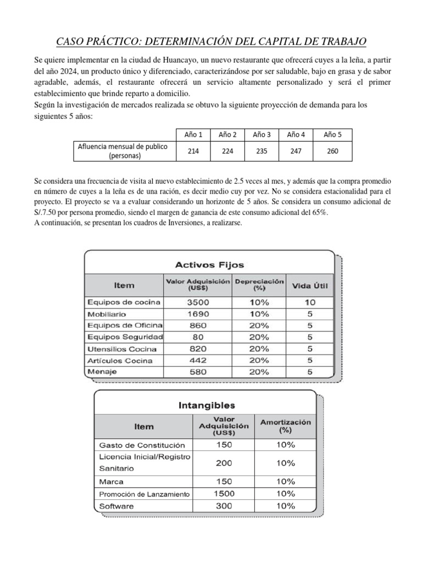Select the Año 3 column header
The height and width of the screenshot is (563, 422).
click(262, 135)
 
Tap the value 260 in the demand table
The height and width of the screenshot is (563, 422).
click(332, 151)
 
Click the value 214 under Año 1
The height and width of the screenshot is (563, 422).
click(193, 151)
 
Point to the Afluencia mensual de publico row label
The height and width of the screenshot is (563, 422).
click(124, 151)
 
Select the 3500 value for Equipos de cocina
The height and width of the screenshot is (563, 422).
click(197, 302)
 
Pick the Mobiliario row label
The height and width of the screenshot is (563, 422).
click(107, 314)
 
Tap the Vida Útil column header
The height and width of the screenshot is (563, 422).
click(309, 285)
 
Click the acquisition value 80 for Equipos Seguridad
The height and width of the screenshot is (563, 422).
click(197, 337)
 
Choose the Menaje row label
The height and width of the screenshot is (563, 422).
click(101, 372)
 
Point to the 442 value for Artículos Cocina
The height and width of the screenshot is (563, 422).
click(197, 360)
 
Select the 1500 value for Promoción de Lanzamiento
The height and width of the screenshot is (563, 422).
click(224, 494)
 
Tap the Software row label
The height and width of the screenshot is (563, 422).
click(116, 506)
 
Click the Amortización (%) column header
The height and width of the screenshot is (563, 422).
click(285, 426)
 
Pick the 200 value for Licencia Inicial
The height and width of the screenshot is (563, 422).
click(224, 463)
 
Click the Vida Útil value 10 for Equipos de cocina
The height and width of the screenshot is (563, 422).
click(309, 302)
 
